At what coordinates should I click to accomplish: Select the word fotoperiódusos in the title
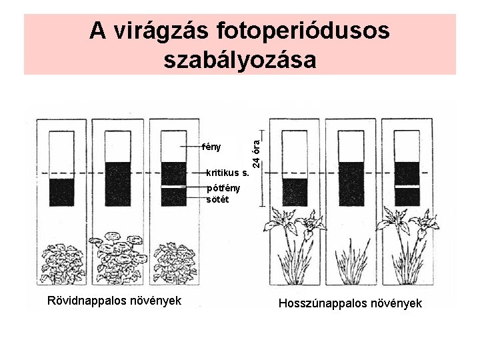tap(303, 31)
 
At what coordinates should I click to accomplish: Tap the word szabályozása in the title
tap(239, 60)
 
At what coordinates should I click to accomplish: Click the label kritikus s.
tap(228, 173)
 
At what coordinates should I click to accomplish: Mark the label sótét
tap(216, 199)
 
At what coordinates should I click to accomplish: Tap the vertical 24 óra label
tap(257, 144)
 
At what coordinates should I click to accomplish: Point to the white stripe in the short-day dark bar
tap(175, 187)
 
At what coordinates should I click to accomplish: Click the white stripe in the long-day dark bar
tap(407, 187)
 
